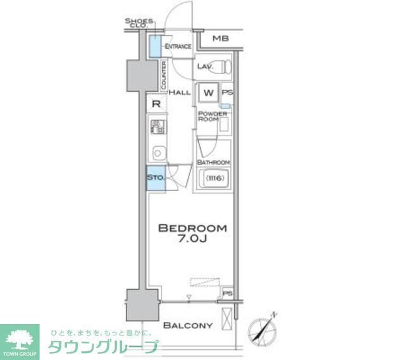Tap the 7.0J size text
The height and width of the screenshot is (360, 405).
[x=192, y=240]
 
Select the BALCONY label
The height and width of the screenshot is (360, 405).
[x=187, y=326]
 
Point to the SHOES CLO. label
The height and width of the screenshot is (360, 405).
[x=139, y=23]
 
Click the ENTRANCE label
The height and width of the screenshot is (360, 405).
[x=178, y=47]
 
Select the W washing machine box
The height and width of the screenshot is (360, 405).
[x=207, y=93]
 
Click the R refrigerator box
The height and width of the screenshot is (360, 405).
[x=156, y=104]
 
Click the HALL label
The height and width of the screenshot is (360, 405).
[x=180, y=92]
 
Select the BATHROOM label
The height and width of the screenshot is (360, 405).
[x=213, y=163]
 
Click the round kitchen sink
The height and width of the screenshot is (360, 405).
[x=158, y=152]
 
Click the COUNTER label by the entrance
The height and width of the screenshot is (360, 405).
[x=164, y=75]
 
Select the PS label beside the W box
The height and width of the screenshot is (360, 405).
[x=227, y=93]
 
